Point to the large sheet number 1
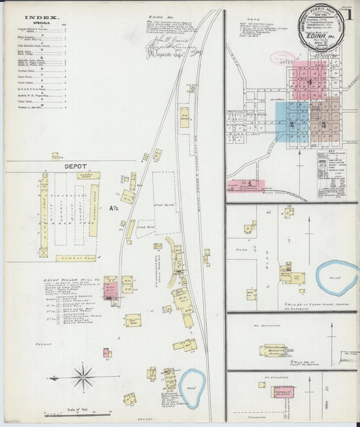coord(351,14)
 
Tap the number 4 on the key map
coord(309,82)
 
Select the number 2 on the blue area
coord(292,124)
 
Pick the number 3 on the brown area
coord(324,124)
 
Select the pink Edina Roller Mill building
coord(109,291)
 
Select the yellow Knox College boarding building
coord(273,351)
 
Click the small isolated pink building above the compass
coord(107,352)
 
